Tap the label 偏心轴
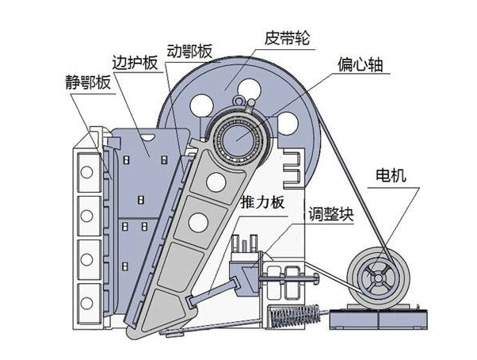click(x=361, y=65)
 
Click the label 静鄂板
click(x=88, y=82)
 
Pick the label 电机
click(x=391, y=176)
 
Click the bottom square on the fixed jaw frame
click(x=88, y=296)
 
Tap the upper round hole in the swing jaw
click(x=214, y=182)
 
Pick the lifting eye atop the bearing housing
click(x=239, y=102)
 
